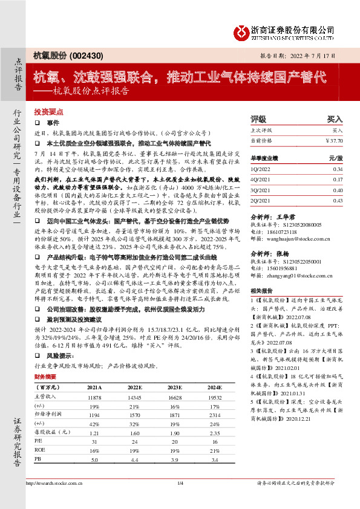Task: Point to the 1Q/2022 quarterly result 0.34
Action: point(338,170)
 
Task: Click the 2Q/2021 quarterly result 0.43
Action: point(338,200)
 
